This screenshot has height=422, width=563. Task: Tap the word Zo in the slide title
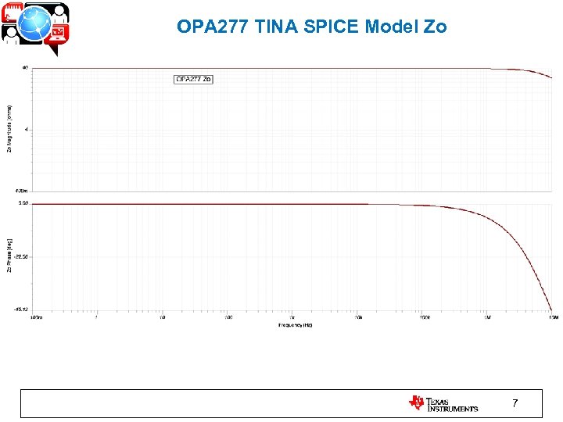click(436, 27)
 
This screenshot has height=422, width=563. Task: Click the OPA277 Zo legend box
click(193, 79)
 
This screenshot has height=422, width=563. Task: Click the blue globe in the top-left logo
click(36, 26)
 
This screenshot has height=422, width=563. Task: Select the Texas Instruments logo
click(443, 403)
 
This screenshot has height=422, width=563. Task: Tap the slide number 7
click(514, 403)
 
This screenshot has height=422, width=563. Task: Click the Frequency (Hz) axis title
click(296, 324)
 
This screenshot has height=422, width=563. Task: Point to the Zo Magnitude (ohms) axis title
click(9, 129)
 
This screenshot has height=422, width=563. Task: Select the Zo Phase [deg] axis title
click(9, 257)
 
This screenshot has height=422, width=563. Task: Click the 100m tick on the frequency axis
click(36, 317)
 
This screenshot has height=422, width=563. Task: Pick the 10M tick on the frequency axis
click(552, 317)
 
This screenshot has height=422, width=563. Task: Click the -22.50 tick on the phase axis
click(21, 256)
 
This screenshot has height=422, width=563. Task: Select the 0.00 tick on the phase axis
click(23, 203)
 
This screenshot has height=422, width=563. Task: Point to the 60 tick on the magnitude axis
click(25, 68)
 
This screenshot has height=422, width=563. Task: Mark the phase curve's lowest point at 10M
click(552, 310)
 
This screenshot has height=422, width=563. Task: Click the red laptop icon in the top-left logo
click(59, 32)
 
